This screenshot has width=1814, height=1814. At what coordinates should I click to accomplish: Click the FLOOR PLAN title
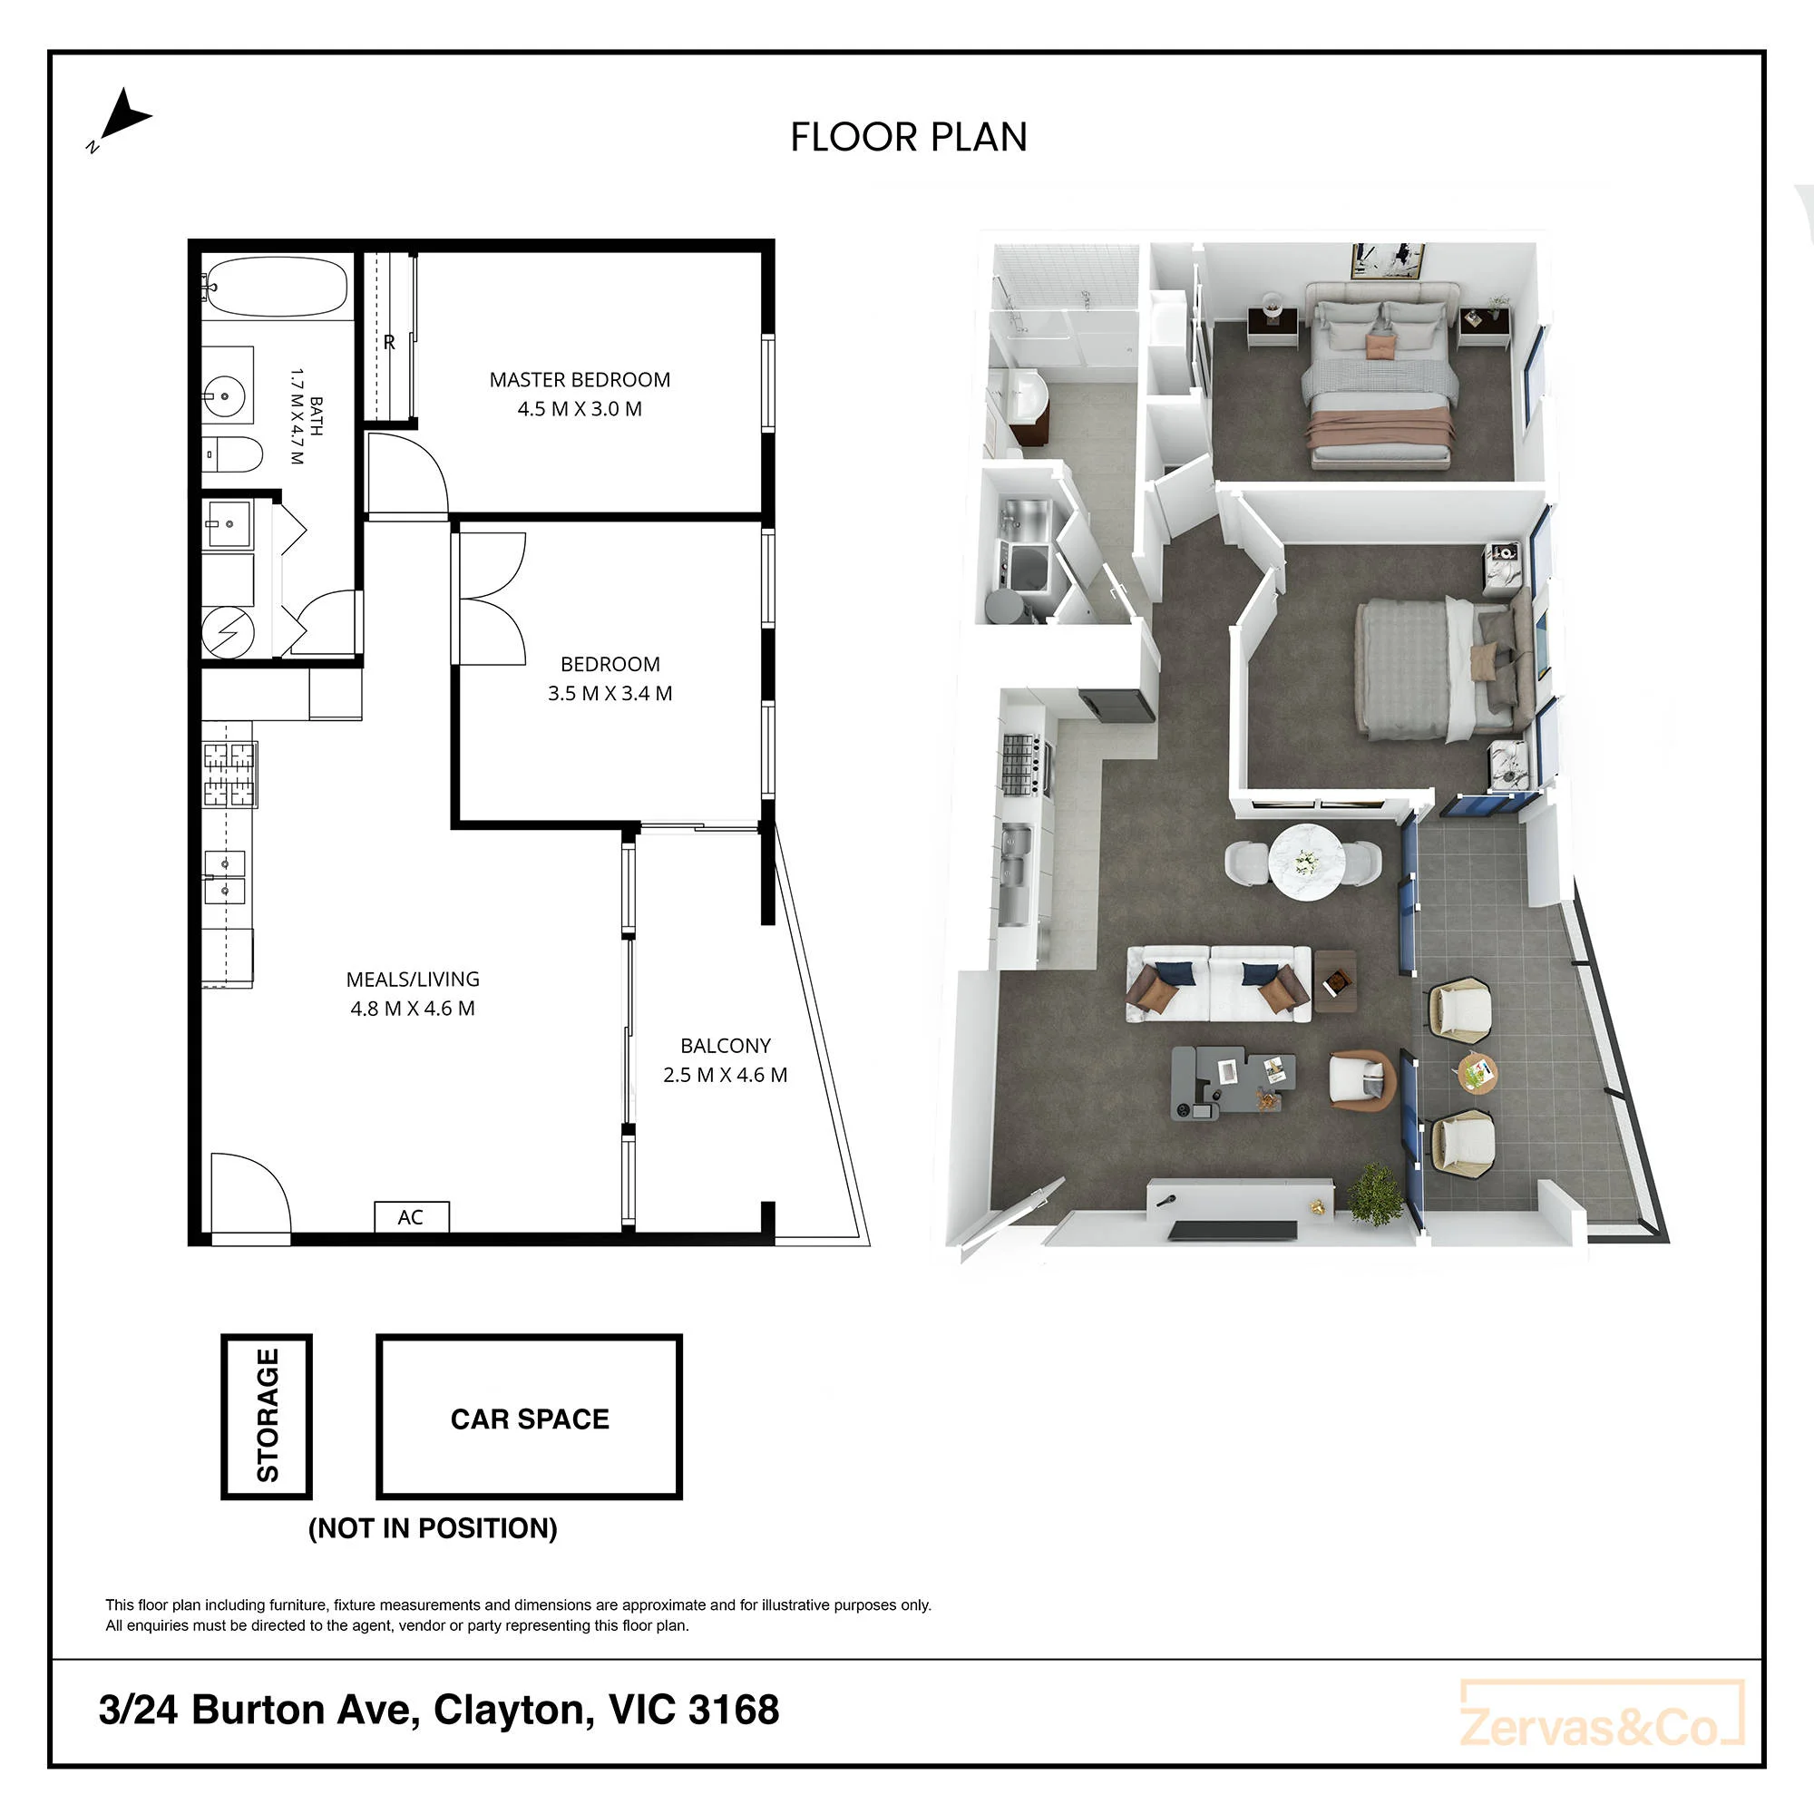tap(908, 137)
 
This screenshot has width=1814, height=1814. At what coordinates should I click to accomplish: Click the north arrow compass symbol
tap(122, 118)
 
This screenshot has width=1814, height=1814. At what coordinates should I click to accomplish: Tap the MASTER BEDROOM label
tap(580, 379)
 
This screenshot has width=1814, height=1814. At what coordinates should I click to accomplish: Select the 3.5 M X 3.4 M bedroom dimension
tap(610, 693)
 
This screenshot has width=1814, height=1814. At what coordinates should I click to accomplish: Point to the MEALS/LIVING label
tap(412, 980)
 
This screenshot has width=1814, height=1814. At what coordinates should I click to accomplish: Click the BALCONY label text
tap(725, 1045)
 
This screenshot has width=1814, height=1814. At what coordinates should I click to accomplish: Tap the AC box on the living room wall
tap(411, 1217)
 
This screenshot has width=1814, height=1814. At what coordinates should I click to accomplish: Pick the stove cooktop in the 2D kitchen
tap(229, 775)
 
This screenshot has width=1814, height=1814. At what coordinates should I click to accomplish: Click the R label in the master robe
tap(389, 343)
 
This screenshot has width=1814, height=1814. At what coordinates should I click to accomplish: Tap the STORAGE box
tap(267, 1416)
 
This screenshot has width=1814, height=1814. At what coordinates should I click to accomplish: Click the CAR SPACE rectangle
tap(529, 1416)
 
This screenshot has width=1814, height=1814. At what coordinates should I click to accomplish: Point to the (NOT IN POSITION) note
tap(433, 1527)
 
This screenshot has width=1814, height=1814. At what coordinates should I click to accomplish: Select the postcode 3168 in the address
tap(733, 1710)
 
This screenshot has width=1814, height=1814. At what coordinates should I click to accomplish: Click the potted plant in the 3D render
tap(1376, 1195)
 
